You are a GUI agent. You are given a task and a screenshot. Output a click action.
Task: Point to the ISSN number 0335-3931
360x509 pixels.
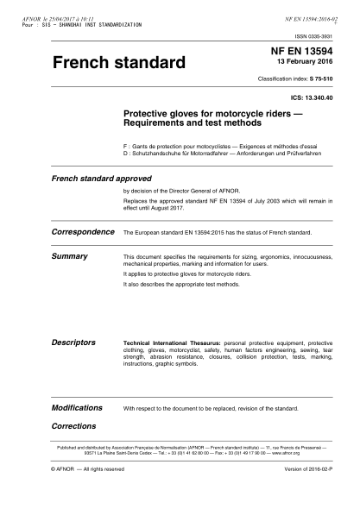[330, 37]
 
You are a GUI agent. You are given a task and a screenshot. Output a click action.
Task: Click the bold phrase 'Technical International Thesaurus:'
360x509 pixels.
[166, 342]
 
